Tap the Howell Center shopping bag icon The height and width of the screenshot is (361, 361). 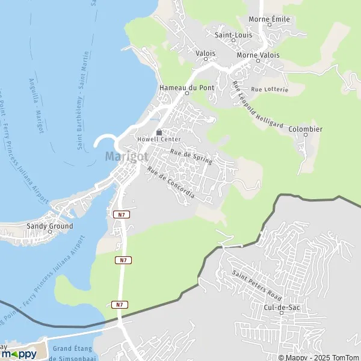point(159,132)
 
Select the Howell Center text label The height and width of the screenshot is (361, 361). point(159,140)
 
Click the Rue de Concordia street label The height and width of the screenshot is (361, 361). point(170,183)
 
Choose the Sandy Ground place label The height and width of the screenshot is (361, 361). point(49,226)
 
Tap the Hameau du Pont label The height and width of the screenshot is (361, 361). point(178,88)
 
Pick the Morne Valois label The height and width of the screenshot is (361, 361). point(258,55)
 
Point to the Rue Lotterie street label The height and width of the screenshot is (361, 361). point(270,89)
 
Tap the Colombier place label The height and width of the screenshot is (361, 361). point(306,129)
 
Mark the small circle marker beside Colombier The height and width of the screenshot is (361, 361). point(306,135)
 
